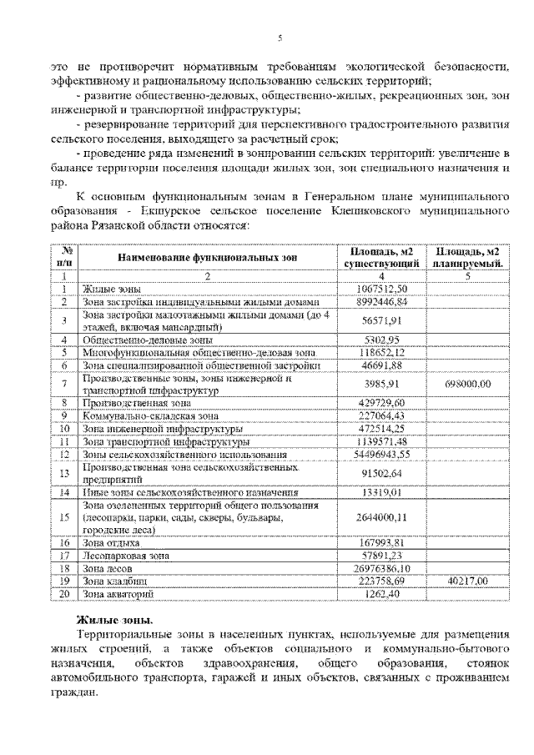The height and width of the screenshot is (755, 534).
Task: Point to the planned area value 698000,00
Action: click(x=468, y=384)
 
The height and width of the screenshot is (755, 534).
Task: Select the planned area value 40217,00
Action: click(x=468, y=581)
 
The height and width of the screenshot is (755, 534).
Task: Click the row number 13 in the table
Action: click(x=63, y=474)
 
